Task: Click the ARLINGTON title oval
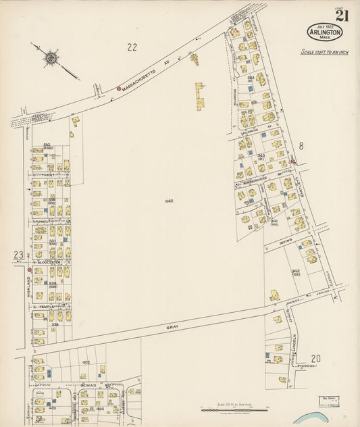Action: (325, 32)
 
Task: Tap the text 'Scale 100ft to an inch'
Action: (324, 52)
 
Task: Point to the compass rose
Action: (51, 58)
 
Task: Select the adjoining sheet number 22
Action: (132, 47)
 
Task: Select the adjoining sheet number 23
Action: (18, 255)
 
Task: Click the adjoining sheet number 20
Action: (315, 359)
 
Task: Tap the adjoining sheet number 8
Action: (301, 145)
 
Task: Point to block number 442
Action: (168, 201)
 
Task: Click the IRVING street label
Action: (284, 238)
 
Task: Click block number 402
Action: (86, 362)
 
